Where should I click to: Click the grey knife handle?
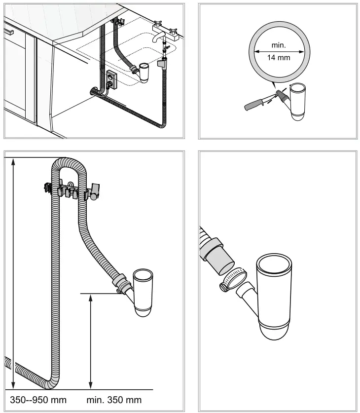(254, 105)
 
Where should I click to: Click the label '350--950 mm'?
(38, 399)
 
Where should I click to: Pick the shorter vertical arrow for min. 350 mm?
(90, 340)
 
